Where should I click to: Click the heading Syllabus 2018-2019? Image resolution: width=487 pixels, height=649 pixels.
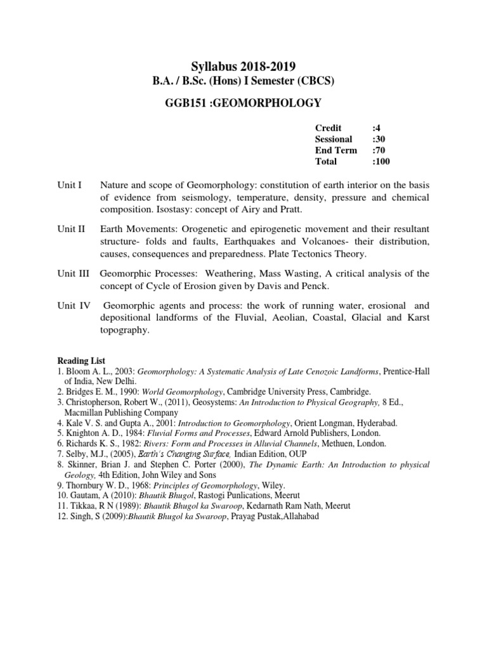(x=243, y=66)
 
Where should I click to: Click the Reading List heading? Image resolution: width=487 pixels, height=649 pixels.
(x=79, y=360)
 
